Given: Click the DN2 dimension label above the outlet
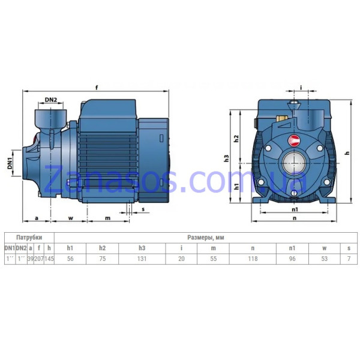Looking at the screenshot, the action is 51,100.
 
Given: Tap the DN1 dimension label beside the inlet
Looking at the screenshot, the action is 10,163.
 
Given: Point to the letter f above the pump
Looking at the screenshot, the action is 97,88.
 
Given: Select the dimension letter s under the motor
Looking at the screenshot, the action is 143,209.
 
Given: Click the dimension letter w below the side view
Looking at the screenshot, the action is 70,218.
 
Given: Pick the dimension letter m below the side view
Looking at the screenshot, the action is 107,218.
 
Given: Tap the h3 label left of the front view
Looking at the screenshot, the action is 227,158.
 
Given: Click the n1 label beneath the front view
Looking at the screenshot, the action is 295,209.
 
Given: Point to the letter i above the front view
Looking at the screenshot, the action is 301,88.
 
